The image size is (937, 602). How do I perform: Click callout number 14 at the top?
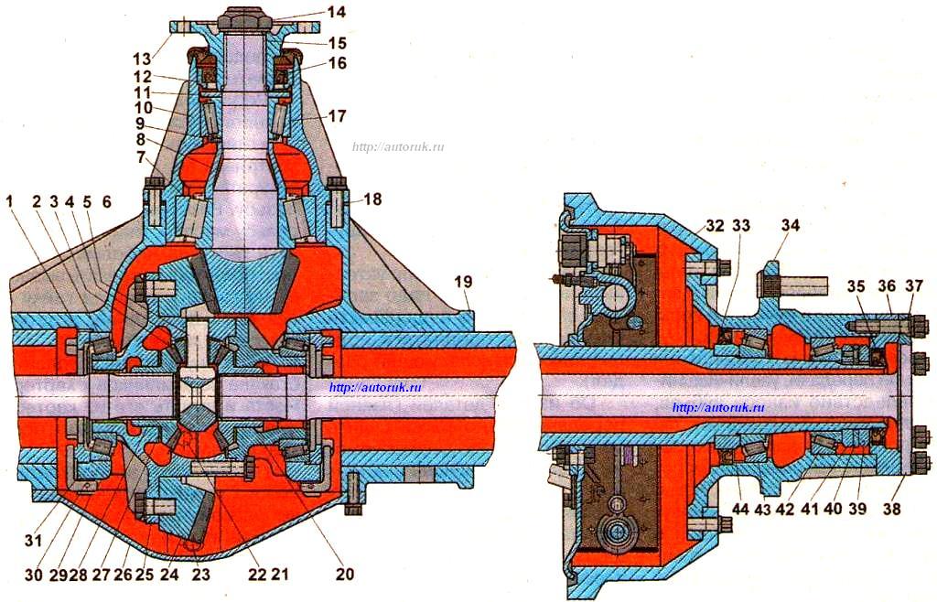(x=337, y=12)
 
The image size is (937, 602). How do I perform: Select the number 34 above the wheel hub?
(x=790, y=226)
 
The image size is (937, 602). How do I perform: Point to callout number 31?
(x=33, y=540)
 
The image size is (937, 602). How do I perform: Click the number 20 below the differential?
(x=345, y=574)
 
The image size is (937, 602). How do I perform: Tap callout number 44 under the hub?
(x=740, y=509)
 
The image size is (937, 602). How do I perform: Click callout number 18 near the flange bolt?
(x=372, y=199)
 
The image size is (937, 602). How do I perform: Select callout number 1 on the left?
(x=9, y=202)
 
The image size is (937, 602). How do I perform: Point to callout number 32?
(x=715, y=226)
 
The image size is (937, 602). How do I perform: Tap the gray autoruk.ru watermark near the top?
(x=398, y=146)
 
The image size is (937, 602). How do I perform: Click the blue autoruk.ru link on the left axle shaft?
(x=375, y=387)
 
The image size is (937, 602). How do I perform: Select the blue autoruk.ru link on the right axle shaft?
(x=718, y=408)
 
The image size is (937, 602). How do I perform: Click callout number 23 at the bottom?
(x=200, y=574)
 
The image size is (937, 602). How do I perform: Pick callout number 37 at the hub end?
(x=914, y=286)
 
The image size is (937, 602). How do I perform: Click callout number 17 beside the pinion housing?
(x=337, y=115)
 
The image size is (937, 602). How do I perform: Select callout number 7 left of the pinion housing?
(x=142, y=157)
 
